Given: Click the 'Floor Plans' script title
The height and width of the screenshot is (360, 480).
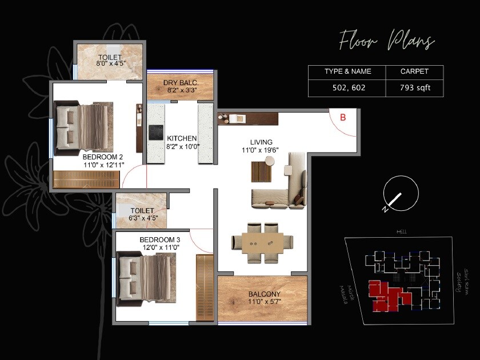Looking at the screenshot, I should tap(387, 42).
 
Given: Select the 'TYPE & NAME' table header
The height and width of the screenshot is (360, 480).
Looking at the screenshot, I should tap(347, 71).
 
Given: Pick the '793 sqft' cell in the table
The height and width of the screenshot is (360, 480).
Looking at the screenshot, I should tap(415, 88).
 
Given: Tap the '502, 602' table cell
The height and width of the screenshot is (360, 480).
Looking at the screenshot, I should tap(347, 88).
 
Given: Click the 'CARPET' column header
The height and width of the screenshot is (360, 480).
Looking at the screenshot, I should tap(415, 71).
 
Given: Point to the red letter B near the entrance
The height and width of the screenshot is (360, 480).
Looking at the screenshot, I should tap(343, 118).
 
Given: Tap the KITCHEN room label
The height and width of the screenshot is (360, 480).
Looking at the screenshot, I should tap(182, 138).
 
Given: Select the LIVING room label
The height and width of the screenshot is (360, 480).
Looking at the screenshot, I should tap(261, 142).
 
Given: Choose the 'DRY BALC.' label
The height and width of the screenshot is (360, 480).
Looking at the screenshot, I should tap(181, 83).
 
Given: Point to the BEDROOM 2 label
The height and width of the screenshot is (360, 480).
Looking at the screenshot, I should tap(103, 157).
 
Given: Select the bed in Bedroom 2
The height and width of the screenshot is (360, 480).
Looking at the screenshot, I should tap(86, 129).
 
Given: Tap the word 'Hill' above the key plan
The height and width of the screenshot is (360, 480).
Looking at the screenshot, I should tap(402, 232).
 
